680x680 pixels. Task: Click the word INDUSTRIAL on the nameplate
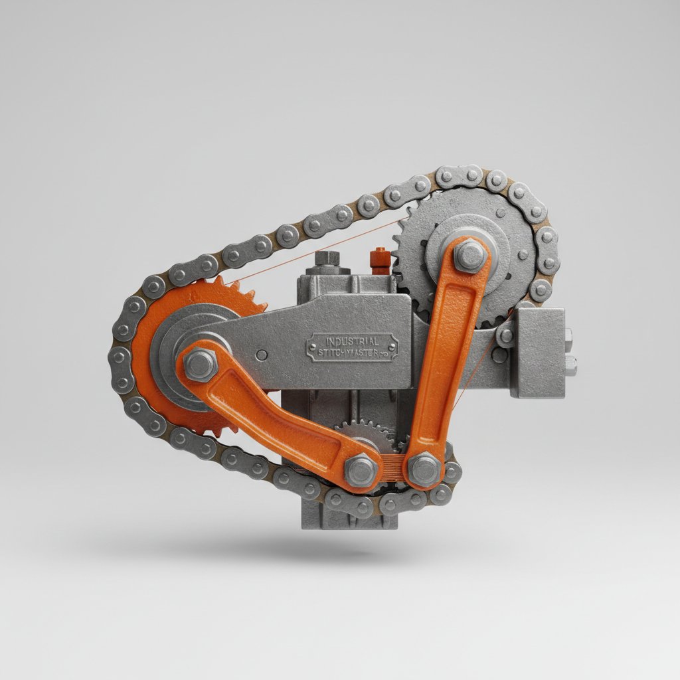(352, 341)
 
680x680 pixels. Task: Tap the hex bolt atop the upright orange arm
(470, 256)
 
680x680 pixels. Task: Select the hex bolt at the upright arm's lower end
(424, 469)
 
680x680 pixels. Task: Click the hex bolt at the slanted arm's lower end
(361, 470)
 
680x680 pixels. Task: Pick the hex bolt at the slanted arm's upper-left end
(200, 365)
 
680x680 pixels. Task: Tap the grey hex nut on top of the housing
(327, 259)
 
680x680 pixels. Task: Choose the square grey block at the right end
(540, 352)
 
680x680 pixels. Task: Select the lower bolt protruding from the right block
(570, 364)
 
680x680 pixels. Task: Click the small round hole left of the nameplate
(262, 355)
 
